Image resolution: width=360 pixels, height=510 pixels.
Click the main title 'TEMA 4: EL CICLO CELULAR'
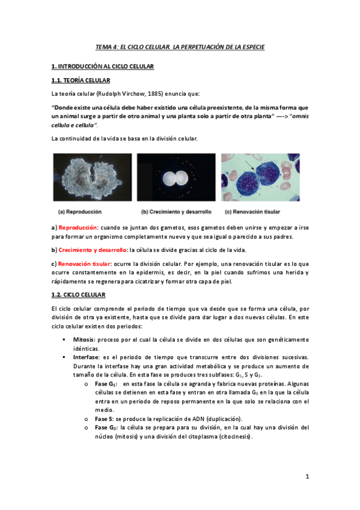pos(180,47)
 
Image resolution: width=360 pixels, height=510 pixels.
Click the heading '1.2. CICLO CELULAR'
pos(78,295)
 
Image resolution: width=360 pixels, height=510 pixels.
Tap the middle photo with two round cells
pos(176,177)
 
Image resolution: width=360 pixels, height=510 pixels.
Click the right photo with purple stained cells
pos(260,177)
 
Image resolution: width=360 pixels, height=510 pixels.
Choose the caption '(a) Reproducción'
pos(79,212)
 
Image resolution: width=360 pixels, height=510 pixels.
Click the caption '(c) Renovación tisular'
pos(252,212)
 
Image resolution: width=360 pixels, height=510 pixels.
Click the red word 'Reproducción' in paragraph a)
pos(78,228)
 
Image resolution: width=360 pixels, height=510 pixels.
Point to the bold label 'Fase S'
pos(105,418)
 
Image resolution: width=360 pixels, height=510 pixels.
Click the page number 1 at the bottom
pos(307,477)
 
